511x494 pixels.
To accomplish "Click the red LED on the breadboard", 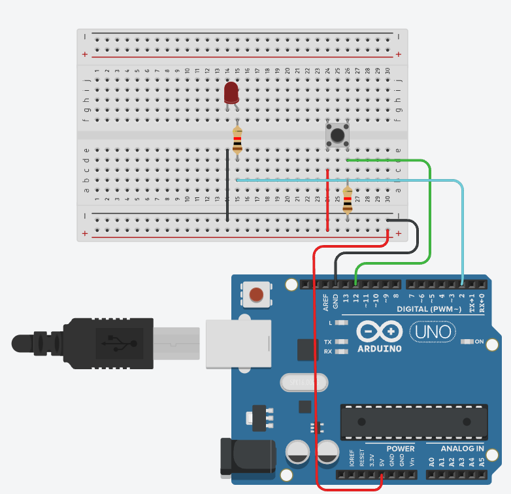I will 231,93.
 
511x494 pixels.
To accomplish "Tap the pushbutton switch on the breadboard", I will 337,135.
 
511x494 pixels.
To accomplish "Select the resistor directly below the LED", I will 237,140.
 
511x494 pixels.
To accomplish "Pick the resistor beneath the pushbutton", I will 347,200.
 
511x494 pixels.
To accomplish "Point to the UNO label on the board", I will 434,332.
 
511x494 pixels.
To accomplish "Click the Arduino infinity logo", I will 380,332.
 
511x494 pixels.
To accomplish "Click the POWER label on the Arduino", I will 400,449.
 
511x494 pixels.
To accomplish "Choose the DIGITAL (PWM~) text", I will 429,308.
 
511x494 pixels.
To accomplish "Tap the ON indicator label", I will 478,342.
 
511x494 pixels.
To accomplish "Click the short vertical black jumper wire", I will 227,186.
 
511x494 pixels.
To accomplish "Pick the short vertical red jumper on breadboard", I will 327,199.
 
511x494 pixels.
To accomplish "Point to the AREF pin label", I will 326,301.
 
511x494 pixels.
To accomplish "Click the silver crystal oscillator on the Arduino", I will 300,381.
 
